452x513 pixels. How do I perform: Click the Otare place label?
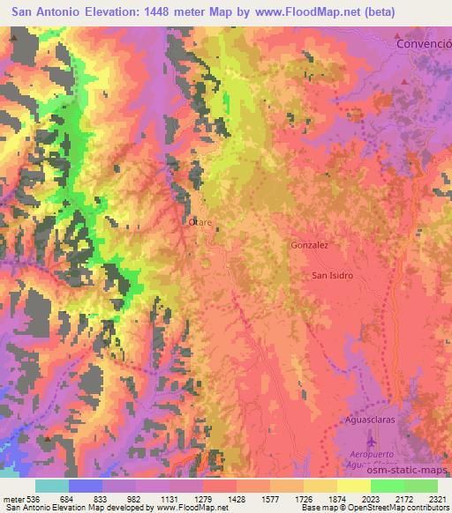pos(200,223)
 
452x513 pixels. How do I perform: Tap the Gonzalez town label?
pos(309,246)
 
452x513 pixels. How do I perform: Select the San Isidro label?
pos(333,276)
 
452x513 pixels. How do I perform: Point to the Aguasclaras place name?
pos(371,421)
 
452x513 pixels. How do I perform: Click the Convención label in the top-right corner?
pos(423,42)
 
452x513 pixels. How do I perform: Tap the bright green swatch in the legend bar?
pos(387,486)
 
